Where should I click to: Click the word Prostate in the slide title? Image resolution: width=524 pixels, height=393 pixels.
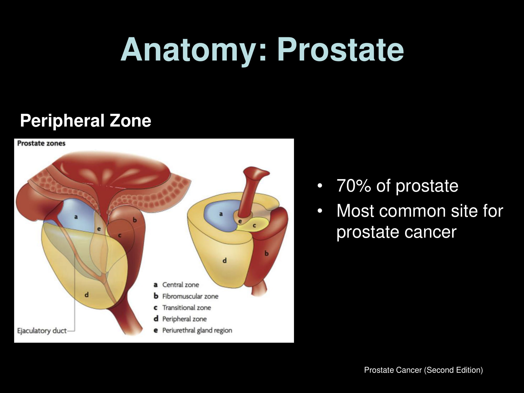pos(340,50)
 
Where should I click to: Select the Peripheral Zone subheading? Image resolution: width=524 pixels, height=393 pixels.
pos(86,121)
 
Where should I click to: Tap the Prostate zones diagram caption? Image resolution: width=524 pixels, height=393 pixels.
pos(41,143)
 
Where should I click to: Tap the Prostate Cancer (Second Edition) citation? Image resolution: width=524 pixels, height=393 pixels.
pos(423,370)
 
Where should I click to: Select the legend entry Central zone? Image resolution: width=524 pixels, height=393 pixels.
pos(176,285)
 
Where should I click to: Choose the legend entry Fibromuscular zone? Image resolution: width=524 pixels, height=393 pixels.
pos(186,296)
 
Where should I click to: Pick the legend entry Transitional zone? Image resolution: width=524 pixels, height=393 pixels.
pos(182,308)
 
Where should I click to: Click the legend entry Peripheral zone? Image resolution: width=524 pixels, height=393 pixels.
pos(180,319)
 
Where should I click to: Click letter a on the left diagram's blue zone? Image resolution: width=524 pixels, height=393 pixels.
pos(76,217)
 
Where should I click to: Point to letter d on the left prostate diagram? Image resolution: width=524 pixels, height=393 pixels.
pos(86,295)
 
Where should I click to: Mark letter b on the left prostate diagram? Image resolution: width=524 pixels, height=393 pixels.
pos(135,220)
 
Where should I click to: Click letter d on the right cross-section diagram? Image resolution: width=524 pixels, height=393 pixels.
pos(225,260)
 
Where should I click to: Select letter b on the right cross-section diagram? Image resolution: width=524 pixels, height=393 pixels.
pos(266,253)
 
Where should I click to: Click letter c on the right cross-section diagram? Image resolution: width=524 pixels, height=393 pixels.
pos(254,225)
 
